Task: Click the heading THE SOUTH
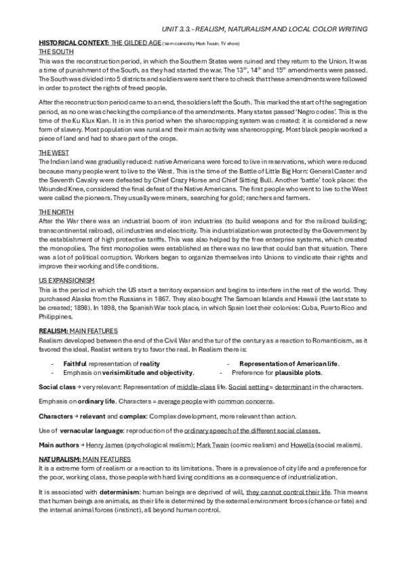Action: point(52,50)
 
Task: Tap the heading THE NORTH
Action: point(52,212)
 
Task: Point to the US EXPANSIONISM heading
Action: point(66,280)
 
